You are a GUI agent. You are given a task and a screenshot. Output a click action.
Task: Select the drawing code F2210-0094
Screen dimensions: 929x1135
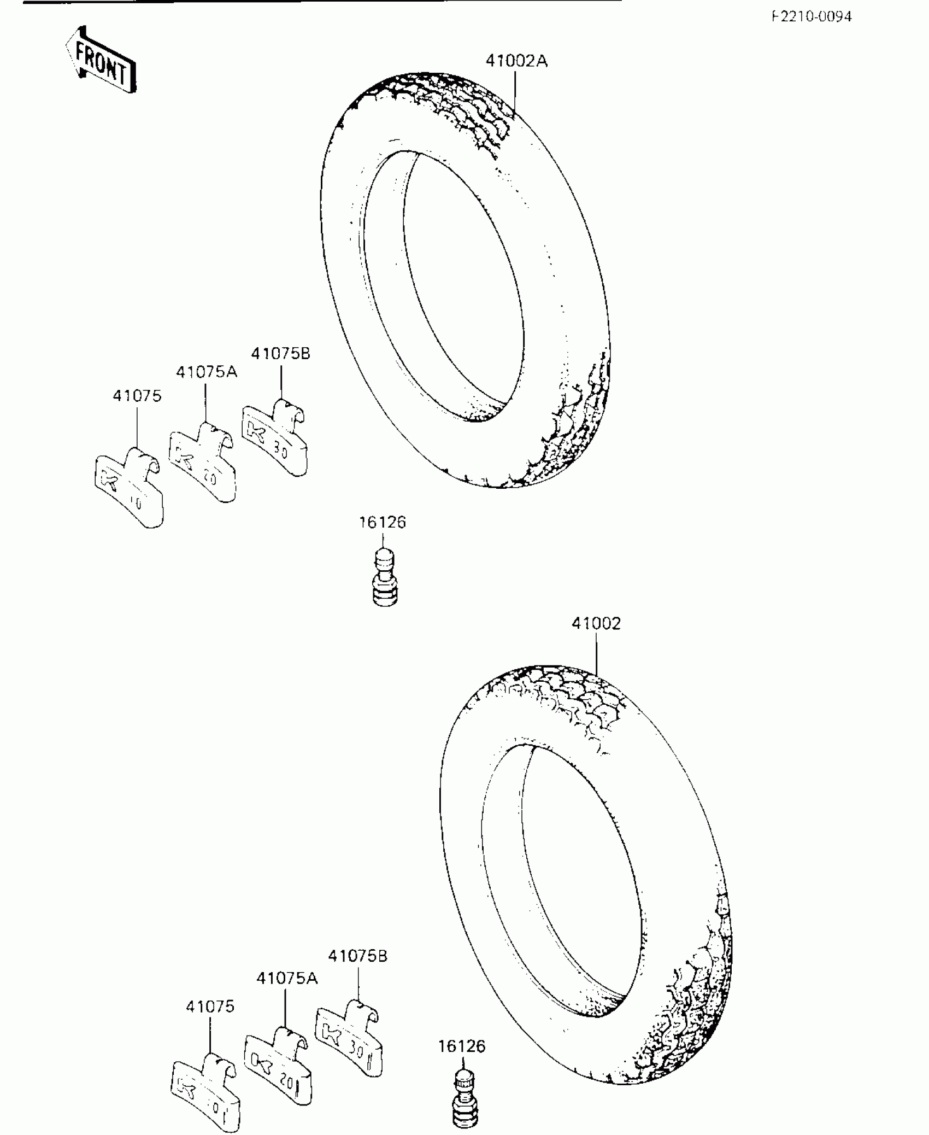[812, 17]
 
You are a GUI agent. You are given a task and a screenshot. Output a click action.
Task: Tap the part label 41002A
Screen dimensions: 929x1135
[516, 61]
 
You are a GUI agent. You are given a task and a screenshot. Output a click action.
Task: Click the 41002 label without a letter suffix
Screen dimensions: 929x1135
[596, 624]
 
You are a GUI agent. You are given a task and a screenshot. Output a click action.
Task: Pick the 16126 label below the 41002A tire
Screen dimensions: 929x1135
[383, 523]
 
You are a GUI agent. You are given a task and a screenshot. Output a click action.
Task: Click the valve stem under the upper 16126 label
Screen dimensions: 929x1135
[385, 578]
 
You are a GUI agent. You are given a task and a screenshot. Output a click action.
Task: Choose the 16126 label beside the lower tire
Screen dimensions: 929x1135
[462, 1046]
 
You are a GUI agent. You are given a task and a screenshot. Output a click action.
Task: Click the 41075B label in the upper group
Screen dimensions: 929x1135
[281, 354]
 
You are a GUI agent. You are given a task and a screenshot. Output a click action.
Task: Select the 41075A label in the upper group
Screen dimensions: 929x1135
[207, 372]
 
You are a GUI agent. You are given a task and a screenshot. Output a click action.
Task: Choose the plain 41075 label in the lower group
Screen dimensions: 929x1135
[210, 1007]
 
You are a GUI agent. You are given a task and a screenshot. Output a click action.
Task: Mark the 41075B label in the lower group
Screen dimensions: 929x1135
[358, 956]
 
